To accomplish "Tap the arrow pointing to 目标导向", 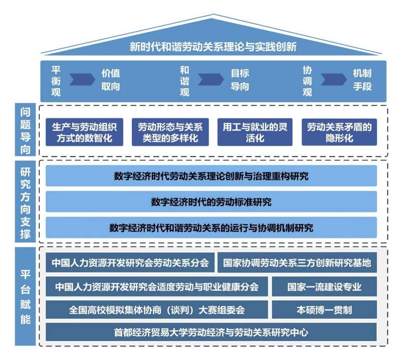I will (210, 79).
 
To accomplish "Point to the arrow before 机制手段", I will (333, 79).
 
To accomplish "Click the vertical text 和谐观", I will (185, 81).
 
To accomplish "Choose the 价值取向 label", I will (111, 80).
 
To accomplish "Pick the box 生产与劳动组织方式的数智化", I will (84, 132).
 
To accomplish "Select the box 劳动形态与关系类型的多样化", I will (170, 132).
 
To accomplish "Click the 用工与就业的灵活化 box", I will (255, 132).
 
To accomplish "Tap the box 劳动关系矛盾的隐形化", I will (339, 132).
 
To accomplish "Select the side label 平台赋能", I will (25, 297).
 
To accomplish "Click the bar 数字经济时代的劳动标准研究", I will (211, 202).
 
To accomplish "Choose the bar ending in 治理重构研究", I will (211, 176).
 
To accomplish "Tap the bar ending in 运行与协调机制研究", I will (211, 227).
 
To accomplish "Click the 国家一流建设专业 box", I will (324, 287).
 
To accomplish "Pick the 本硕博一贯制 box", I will (324, 310).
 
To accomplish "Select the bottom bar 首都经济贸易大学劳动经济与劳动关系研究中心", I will (211, 332).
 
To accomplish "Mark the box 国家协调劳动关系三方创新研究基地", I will (297, 263).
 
